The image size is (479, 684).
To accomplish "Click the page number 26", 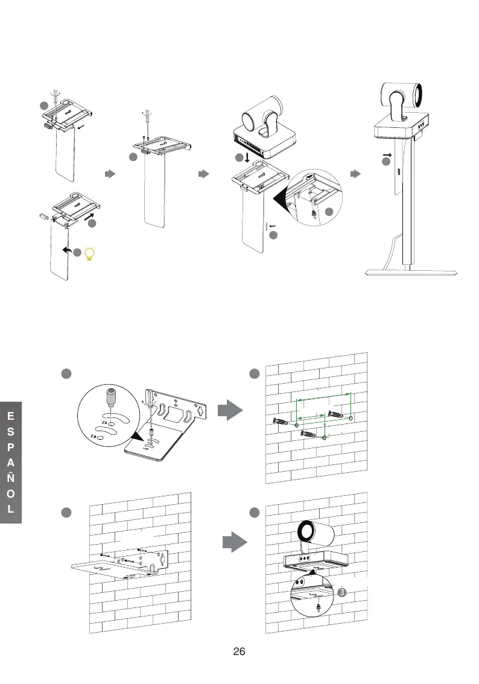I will [239, 652].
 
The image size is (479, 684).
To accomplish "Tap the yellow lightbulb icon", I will [90, 254].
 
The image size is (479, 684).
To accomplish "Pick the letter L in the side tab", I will [11, 508].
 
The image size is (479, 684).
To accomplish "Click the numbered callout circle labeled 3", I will [341, 592].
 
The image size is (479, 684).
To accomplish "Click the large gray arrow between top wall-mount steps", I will [229, 410].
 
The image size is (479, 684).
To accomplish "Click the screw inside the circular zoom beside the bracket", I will [110, 397].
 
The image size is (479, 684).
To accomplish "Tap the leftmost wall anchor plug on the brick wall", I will [281, 422].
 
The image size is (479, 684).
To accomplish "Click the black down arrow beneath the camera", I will [247, 159].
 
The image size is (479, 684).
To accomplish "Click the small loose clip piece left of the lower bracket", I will [44, 214].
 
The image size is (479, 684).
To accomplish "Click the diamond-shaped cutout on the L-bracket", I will [196, 413].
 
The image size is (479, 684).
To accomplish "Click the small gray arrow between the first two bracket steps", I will [110, 174].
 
